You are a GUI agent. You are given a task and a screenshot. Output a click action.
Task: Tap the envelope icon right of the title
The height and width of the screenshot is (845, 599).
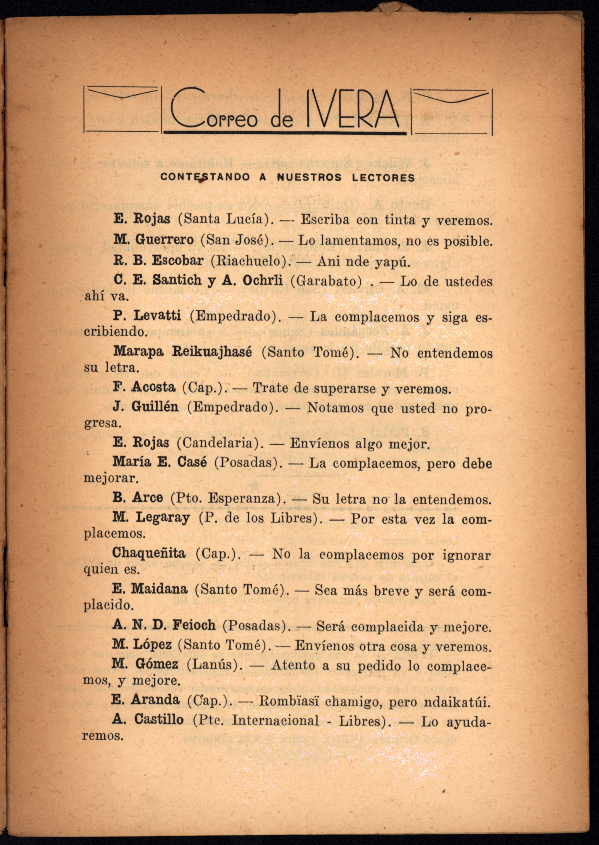pos(452,111)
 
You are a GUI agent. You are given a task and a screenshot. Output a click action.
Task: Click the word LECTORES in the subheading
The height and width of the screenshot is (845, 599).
pos(383,177)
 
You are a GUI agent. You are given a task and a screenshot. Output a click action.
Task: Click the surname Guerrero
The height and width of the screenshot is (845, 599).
pos(164,240)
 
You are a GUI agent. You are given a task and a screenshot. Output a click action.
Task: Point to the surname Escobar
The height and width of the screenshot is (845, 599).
pos(178,261)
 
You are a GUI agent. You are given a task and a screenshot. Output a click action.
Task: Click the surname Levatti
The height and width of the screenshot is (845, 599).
pos(157,316)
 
